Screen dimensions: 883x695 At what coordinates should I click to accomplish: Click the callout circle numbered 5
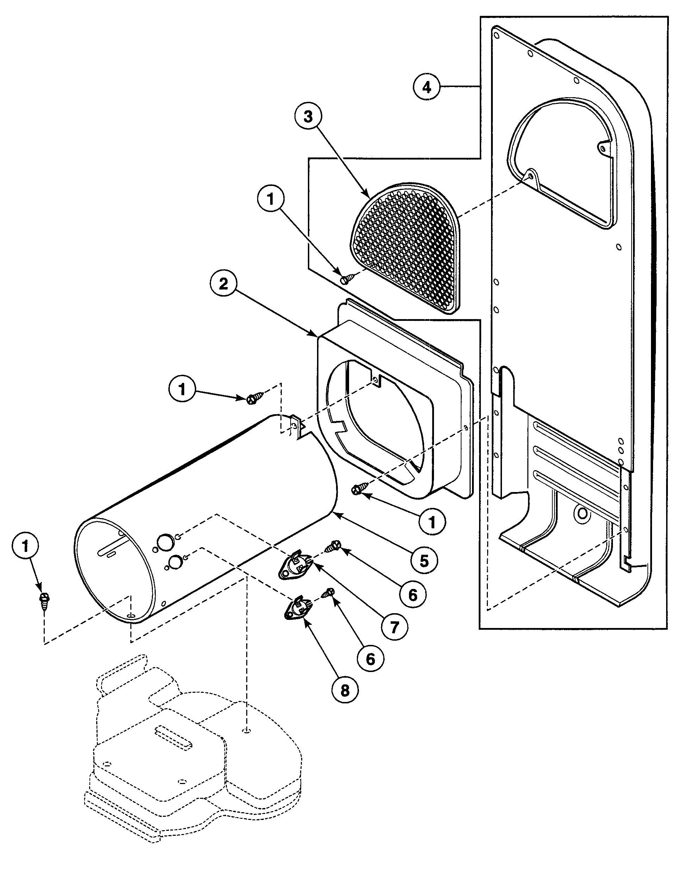click(424, 561)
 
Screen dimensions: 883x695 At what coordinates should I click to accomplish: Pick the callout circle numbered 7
click(394, 627)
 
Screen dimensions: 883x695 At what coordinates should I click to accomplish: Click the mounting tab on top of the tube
click(298, 425)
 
